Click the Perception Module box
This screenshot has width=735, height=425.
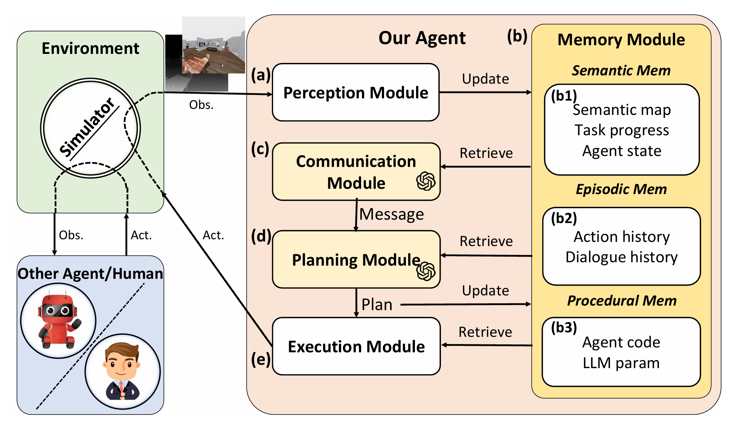coord(355,92)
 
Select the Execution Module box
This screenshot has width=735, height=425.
coord(356,346)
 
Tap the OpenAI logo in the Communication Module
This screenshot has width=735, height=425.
coord(426,181)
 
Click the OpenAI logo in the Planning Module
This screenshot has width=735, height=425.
coord(426,271)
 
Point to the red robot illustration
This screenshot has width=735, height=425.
coord(58,321)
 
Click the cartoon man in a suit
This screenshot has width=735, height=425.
coord(122,371)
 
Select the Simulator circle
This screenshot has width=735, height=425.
coord(90,128)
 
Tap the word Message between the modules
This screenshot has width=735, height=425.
coord(392,214)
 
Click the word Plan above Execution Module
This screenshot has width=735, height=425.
coord(377,304)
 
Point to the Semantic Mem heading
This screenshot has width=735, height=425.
coord(621,70)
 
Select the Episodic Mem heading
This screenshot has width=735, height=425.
coord(621,189)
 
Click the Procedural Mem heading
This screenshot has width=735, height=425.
coord(622,301)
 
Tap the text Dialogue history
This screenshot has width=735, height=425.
coord(622,257)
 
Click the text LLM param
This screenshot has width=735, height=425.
coord(621,363)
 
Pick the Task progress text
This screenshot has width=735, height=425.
coord(622,130)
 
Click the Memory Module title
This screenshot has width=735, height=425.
coord(621,40)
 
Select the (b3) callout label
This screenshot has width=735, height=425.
coord(564,327)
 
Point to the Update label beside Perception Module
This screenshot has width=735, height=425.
coord(485,79)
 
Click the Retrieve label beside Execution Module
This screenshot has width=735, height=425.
coord(485,332)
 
